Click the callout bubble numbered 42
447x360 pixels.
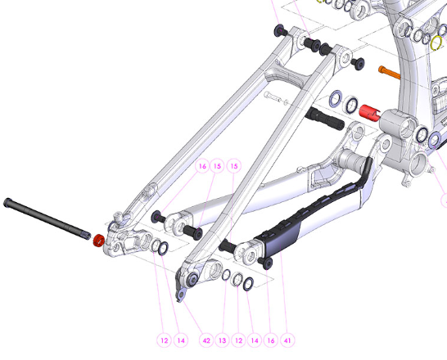point(206,340)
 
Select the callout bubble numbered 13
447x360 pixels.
point(223,340)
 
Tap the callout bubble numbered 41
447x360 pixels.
point(287,340)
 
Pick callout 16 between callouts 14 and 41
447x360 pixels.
point(271,340)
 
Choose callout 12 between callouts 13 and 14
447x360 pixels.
point(238,340)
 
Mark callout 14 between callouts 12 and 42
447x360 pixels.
point(181,340)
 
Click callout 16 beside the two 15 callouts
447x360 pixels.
point(202,166)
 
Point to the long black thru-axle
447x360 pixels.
point(47,218)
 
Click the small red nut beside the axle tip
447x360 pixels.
point(99,241)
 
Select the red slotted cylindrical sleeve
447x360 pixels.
point(370,113)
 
